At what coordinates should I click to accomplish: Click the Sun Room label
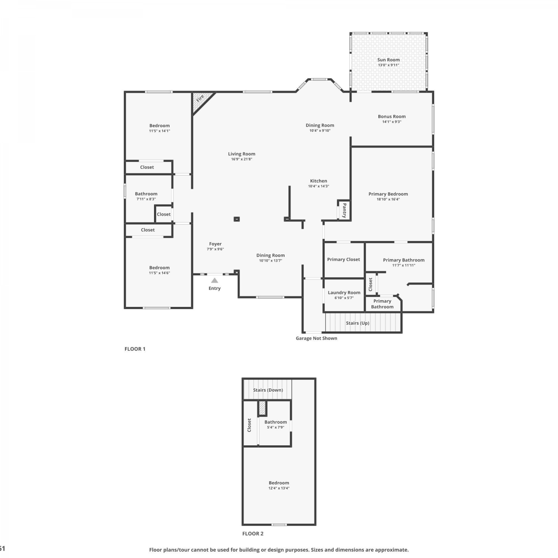388,60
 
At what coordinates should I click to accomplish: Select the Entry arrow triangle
215,280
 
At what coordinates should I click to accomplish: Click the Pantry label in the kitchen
344,210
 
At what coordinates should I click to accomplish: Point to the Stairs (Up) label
357,323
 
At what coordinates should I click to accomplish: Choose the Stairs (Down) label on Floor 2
268,390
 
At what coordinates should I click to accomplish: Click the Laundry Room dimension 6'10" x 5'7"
344,298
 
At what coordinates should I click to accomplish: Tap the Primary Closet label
343,259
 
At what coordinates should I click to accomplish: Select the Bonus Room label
392,116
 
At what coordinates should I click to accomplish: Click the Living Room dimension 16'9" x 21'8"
242,159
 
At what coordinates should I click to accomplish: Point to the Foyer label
215,244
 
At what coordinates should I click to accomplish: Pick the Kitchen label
319,181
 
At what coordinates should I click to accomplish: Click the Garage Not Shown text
317,338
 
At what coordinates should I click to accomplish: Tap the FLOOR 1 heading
135,349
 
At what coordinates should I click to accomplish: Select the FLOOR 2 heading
253,533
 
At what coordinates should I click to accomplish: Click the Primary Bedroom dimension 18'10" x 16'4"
388,199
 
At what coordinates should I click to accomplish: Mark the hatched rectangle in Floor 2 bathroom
263,408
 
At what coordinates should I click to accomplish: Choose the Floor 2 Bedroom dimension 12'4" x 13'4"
279,488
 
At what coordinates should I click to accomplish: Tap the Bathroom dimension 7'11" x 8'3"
146,199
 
